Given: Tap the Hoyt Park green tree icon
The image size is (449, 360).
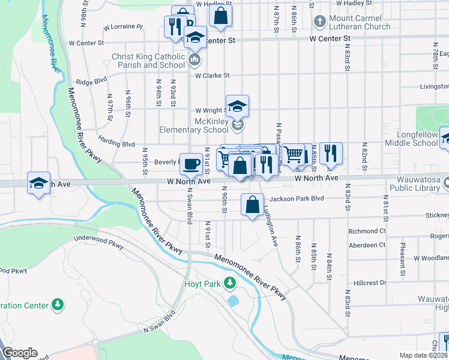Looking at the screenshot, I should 229,283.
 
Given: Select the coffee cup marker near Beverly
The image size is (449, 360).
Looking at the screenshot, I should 191,163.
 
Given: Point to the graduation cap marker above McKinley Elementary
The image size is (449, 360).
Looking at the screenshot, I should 238,106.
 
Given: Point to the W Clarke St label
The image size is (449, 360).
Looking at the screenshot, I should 212,76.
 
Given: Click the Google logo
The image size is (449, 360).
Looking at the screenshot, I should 19,353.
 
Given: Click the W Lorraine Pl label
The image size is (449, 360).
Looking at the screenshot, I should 122,27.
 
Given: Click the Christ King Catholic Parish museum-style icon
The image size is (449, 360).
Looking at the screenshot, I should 194,60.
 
